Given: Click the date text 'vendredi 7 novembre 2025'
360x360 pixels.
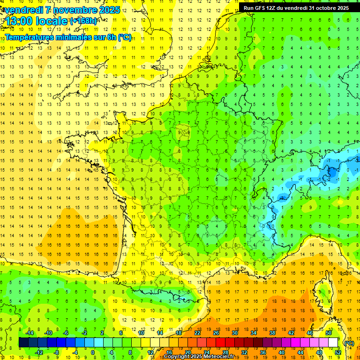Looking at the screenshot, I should (x=60, y=10).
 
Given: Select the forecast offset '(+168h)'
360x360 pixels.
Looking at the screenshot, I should (x=84, y=21).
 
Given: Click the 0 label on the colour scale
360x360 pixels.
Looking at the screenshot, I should (x=93, y=352).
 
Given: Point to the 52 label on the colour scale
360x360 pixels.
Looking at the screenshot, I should (x=338, y=352).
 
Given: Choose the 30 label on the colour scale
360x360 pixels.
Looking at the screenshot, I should (x=234, y=333).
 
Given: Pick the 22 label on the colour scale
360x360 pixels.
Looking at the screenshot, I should (x=197, y=333).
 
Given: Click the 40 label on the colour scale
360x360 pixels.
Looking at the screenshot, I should (x=282, y=352).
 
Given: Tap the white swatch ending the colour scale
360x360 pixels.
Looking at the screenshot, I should (x=333, y=343).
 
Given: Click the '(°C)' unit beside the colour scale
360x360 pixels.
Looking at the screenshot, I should (x=349, y=343).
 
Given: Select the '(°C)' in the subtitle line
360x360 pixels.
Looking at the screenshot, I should (x=124, y=37).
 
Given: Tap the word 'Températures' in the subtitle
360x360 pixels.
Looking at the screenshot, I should (x=26, y=37).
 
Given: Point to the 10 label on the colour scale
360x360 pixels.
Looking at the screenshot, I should (x=141, y=333).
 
